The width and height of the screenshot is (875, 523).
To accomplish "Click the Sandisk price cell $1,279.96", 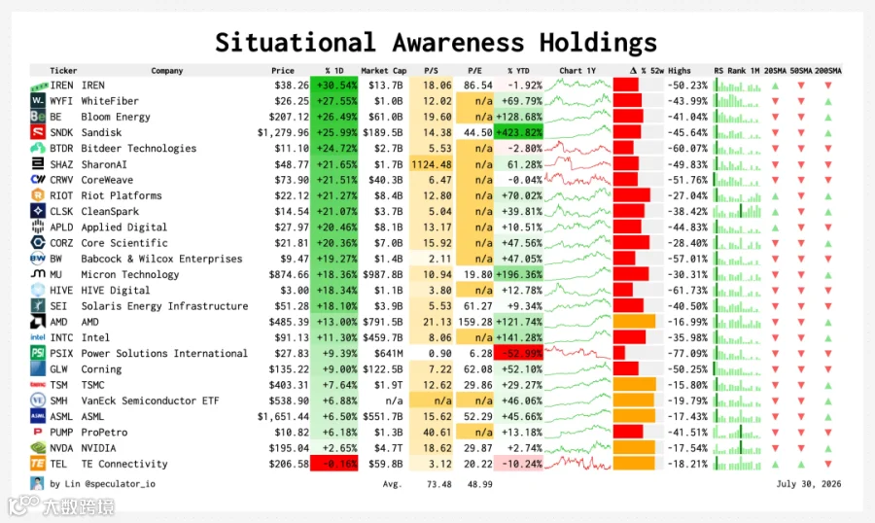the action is tap(283, 133).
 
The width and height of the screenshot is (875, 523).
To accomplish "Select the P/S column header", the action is tap(431, 71).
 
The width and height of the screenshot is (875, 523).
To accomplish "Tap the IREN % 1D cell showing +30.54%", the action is tap(334, 86).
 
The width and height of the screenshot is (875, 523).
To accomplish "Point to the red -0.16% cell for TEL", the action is tap(334, 464).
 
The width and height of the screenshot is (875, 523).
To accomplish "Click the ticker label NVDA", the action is tap(61, 448).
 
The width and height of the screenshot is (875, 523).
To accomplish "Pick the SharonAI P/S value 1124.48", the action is tap(432, 164).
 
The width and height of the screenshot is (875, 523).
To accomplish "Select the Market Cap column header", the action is tap(384, 71).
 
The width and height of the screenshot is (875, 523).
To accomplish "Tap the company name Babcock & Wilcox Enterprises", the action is tap(161, 259).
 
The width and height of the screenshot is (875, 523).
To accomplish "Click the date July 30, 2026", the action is tap(809, 484).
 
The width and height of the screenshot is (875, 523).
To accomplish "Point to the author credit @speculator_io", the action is tap(120, 484).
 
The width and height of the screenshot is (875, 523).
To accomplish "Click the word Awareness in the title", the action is tap(458, 43).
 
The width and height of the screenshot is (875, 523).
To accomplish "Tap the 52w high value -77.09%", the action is tap(687, 353).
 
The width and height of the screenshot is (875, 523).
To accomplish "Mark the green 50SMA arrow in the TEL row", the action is tap(801, 465).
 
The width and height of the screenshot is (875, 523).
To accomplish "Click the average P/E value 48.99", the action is tap(480, 484).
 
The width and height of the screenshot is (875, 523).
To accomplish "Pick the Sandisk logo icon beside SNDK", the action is tap(37, 132).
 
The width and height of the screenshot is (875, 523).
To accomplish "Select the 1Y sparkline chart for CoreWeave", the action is tap(577, 180).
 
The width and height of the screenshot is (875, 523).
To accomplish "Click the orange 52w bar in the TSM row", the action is tap(635, 385).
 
